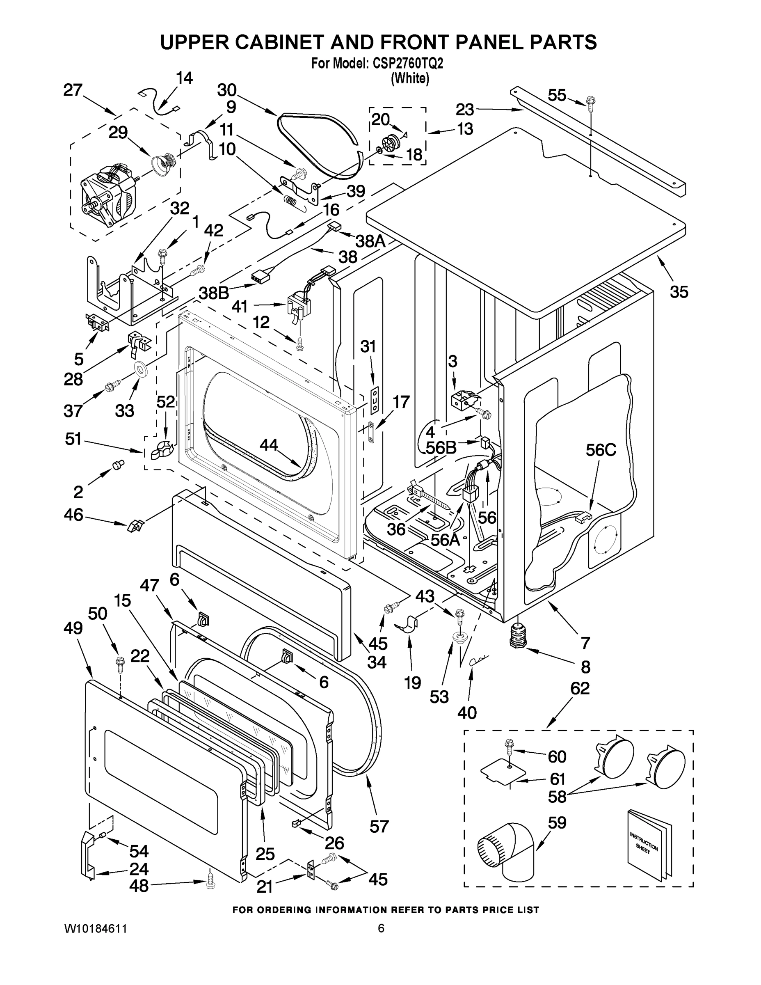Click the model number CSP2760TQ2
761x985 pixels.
(408, 64)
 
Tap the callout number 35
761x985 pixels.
(679, 292)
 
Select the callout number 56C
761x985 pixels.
(601, 450)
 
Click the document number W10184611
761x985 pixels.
(96, 929)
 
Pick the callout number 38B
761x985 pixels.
(214, 293)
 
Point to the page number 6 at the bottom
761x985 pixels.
(381, 928)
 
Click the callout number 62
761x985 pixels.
(580, 688)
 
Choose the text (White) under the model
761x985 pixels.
(410, 78)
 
